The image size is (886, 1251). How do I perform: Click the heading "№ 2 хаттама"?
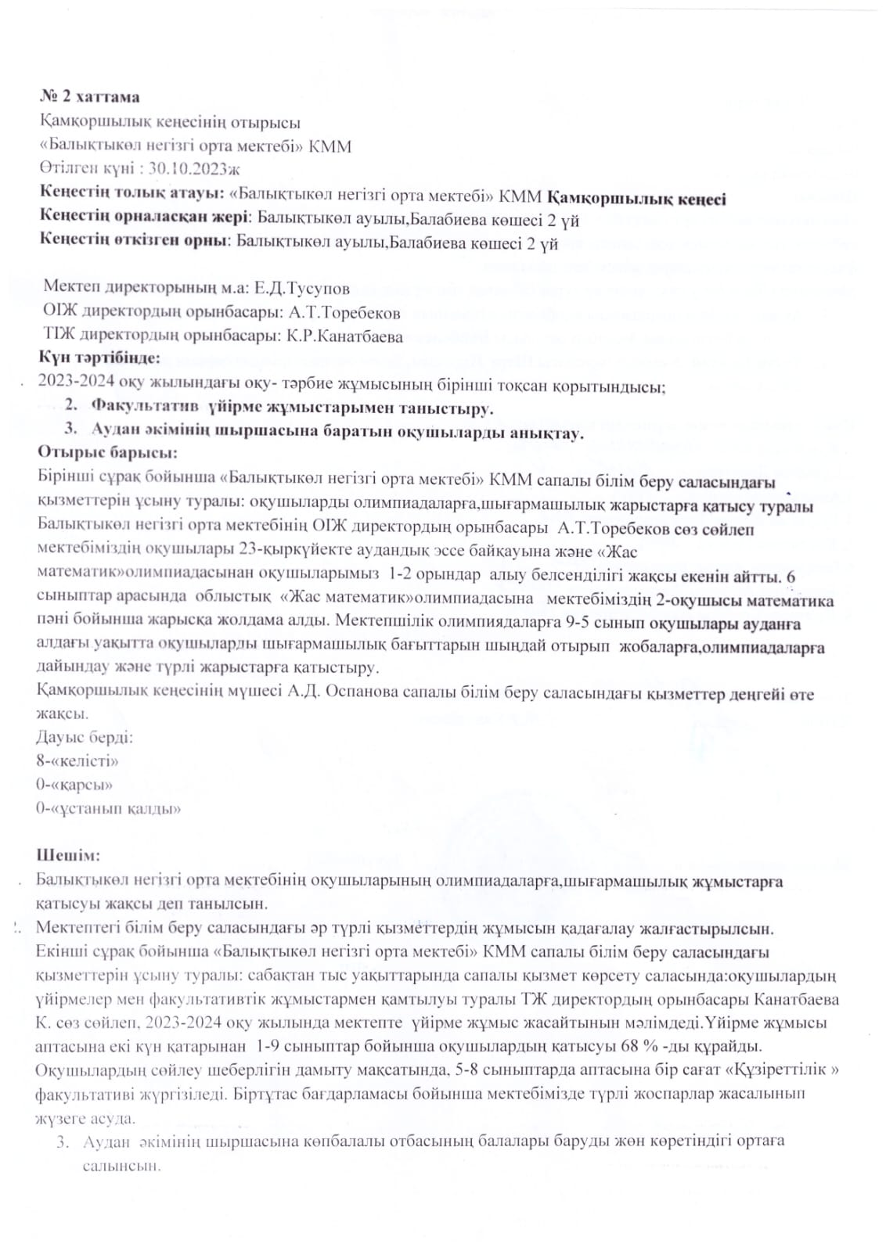point(90,97)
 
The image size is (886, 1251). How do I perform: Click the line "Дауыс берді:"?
point(84,738)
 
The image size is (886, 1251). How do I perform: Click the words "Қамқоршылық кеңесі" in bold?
point(636,198)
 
